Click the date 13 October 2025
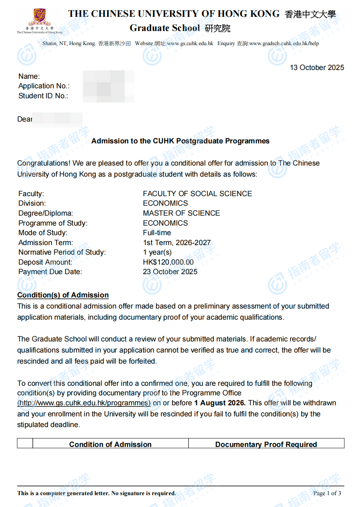coord(317,68)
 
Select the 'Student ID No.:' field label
coord(43,96)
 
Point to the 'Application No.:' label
coord(44,86)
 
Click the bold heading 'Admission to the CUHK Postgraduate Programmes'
coord(180,141)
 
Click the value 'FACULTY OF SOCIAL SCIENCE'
coord(197,194)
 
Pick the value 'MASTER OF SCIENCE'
coord(181,213)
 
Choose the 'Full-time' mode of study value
coord(157,233)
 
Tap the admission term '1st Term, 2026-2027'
coord(177,243)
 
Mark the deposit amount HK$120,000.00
coord(168,262)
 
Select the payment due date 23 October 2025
coord(170,272)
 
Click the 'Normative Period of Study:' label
coord(62,252)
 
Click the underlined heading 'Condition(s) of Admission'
coord(63,295)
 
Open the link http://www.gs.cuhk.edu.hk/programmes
coord(84,403)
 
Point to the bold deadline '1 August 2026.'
coord(220,403)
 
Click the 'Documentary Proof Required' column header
coord(266,444)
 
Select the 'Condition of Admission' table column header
coord(110,444)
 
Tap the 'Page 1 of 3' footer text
coord(327,493)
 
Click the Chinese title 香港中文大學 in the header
coord(310,15)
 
